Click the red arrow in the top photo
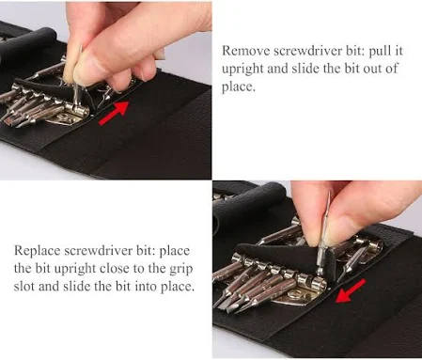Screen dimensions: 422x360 click(114, 113)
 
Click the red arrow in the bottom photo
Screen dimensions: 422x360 click(350, 291)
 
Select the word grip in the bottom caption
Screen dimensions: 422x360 click(180, 269)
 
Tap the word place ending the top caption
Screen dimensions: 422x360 click(239, 87)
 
